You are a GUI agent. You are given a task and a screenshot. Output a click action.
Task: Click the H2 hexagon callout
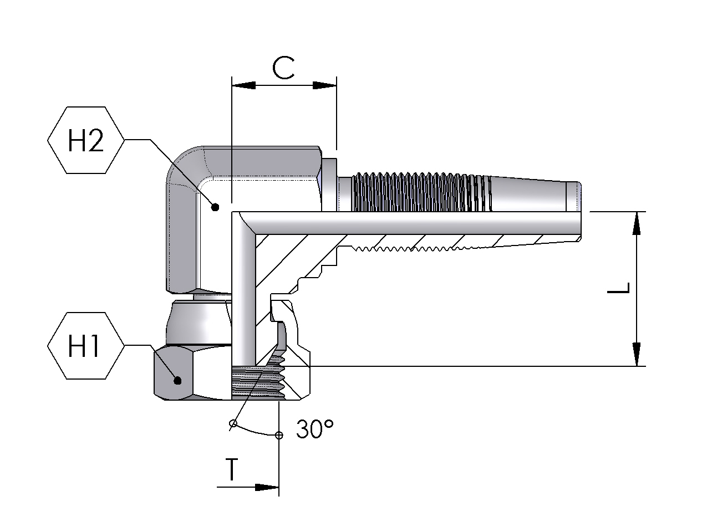pyautogui.click(x=85, y=141)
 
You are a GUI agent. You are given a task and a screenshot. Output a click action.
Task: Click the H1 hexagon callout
pyautogui.click(x=85, y=346)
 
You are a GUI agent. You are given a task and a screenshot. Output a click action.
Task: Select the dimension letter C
pyautogui.click(x=283, y=68)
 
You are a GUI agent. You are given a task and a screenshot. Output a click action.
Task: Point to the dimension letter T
pyautogui.click(x=232, y=470)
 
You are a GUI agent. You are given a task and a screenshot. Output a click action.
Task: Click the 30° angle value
pyautogui.click(x=314, y=429)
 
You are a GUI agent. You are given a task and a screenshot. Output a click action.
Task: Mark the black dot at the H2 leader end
pyautogui.click(x=216, y=207)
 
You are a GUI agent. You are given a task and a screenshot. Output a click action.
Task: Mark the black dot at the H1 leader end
pyautogui.click(x=178, y=380)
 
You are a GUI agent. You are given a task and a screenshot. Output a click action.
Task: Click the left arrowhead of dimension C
pyautogui.click(x=243, y=85)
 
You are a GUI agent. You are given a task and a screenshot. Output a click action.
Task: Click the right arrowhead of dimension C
pyautogui.click(x=325, y=85)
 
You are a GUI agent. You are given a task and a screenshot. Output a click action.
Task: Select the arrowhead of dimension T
pyautogui.click(x=267, y=488)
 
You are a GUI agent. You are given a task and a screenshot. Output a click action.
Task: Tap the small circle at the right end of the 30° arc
pyautogui.click(x=279, y=435)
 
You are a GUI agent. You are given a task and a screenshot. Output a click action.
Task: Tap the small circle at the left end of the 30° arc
pyautogui.click(x=233, y=424)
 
